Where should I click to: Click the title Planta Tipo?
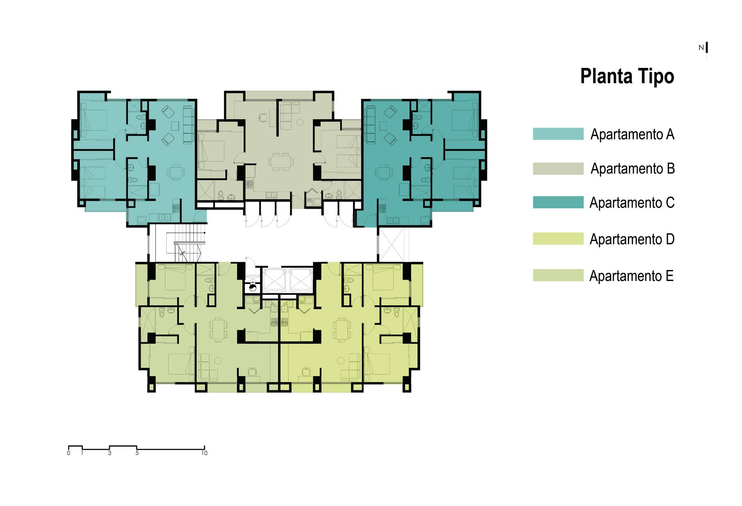(627, 76)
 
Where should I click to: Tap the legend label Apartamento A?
(632, 134)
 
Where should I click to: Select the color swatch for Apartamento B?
(558, 168)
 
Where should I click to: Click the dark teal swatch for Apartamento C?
(558, 202)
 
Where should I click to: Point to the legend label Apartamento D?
(632, 239)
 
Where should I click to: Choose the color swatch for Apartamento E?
(558, 275)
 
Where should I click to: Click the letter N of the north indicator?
(701, 48)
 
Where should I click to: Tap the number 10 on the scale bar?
(204, 453)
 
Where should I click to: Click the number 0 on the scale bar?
(69, 453)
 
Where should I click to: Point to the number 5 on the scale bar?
(137, 453)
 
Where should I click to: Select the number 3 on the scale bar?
(110, 453)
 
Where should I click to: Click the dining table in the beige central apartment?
(281, 161)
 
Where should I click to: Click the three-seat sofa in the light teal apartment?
(189, 125)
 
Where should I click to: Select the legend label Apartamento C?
(632, 203)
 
